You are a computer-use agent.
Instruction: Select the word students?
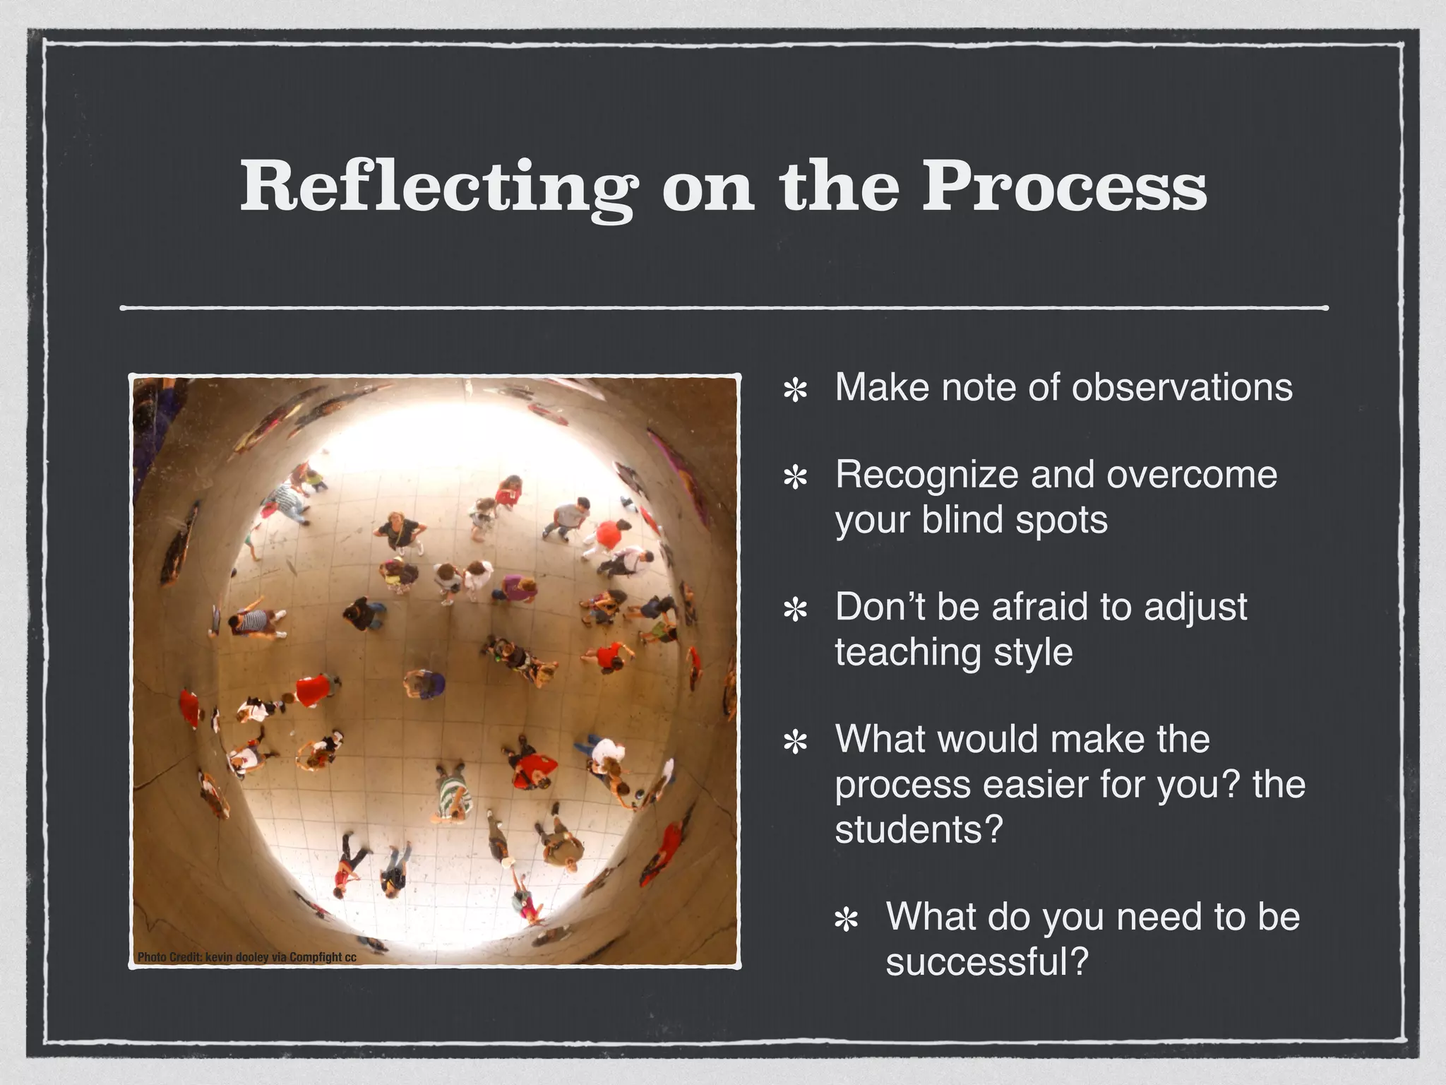tap(919, 829)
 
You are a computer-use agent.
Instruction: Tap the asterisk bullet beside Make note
tap(796, 391)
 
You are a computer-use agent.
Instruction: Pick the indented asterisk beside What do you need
tap(846, 920)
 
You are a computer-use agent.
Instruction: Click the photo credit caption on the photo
tap(246, 958)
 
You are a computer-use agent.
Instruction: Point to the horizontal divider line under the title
tap(723, 308)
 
